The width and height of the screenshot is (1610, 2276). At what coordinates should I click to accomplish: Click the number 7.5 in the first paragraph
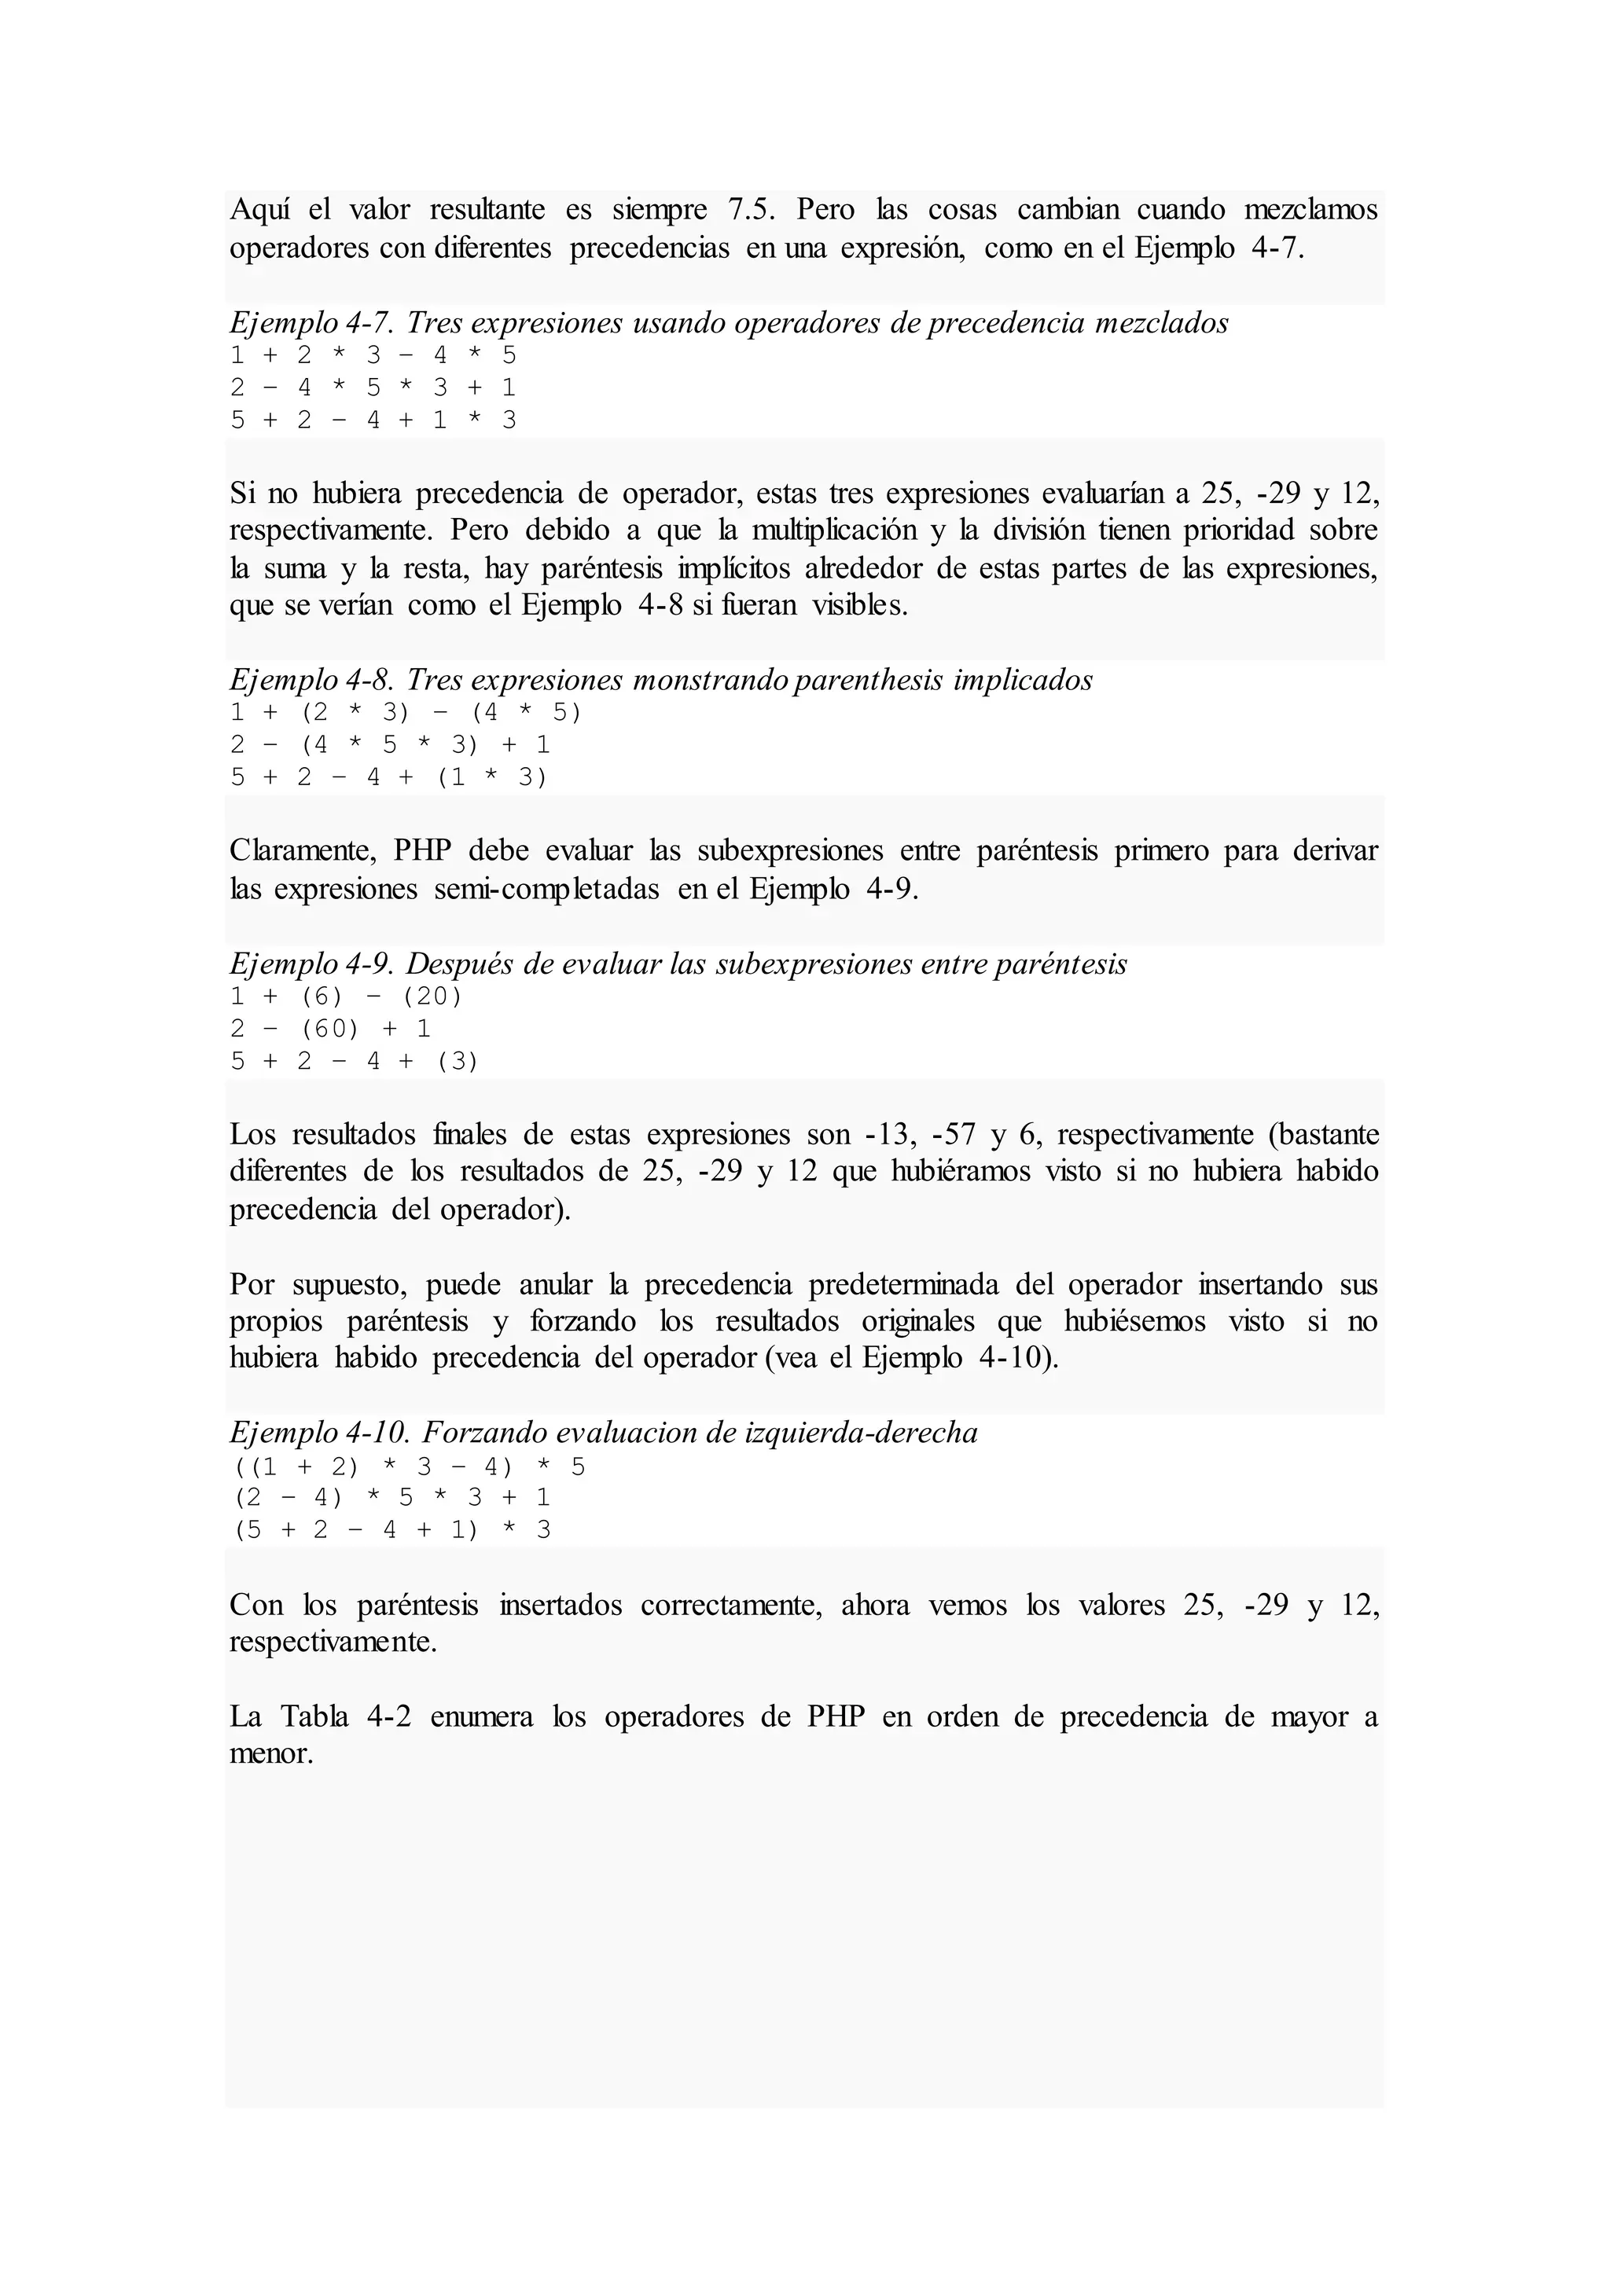click(752, 210)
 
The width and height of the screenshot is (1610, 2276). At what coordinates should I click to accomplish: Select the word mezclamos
click(1310, 210)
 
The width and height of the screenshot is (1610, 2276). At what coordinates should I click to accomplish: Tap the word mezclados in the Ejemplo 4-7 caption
click(1161, 323)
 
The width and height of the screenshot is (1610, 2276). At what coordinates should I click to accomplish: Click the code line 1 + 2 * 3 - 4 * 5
click(373, 356)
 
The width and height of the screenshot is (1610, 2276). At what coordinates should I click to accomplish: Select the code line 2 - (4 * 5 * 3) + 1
click(390, 744)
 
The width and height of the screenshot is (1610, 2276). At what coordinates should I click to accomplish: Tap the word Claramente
click(303, 850)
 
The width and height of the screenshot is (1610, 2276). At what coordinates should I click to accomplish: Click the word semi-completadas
click(546, 889)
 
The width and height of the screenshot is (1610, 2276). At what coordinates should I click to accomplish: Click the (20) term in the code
click(432, 997)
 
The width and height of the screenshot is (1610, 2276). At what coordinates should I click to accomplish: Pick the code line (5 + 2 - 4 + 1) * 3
click(391, 1529)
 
